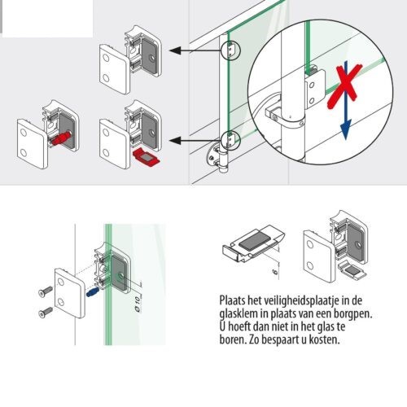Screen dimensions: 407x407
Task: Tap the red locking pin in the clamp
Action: (59, 139)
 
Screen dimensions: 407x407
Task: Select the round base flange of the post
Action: (217, 155)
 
